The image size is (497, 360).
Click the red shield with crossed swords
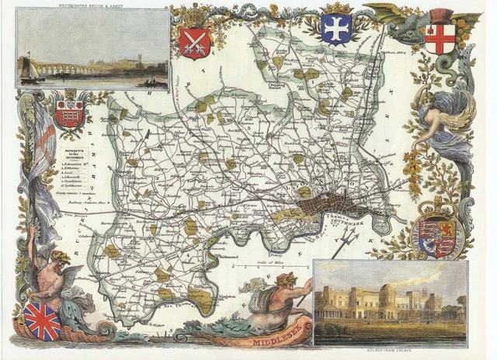[x=194, y=43]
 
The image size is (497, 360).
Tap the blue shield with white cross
[x=335, y=29]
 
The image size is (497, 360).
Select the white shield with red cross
[x=440, y=38]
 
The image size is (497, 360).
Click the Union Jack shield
[x=43, y=320]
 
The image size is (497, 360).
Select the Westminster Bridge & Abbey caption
[x=92, y=5]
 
